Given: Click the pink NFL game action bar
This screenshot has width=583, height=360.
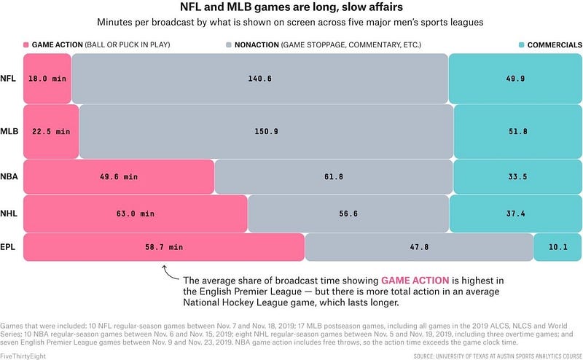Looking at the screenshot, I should click(x=47, y=78).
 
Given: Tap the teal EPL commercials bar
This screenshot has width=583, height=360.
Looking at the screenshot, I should click(x=557, y=247).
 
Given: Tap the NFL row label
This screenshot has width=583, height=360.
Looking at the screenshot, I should click(x=9, y=78).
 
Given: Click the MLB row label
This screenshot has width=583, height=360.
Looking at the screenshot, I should click(x=9, y=131).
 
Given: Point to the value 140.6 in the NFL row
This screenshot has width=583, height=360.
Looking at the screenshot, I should click(x=259, y=78).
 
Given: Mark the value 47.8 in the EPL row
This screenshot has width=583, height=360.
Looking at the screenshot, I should click(x=418, y=247).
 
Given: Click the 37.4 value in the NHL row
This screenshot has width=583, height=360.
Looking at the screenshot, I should click(x=514, y=214).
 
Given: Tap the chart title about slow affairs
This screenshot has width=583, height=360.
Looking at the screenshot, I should click(x=291, y=9).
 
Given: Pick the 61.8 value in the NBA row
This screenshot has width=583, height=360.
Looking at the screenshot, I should click(x=334, y=176).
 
